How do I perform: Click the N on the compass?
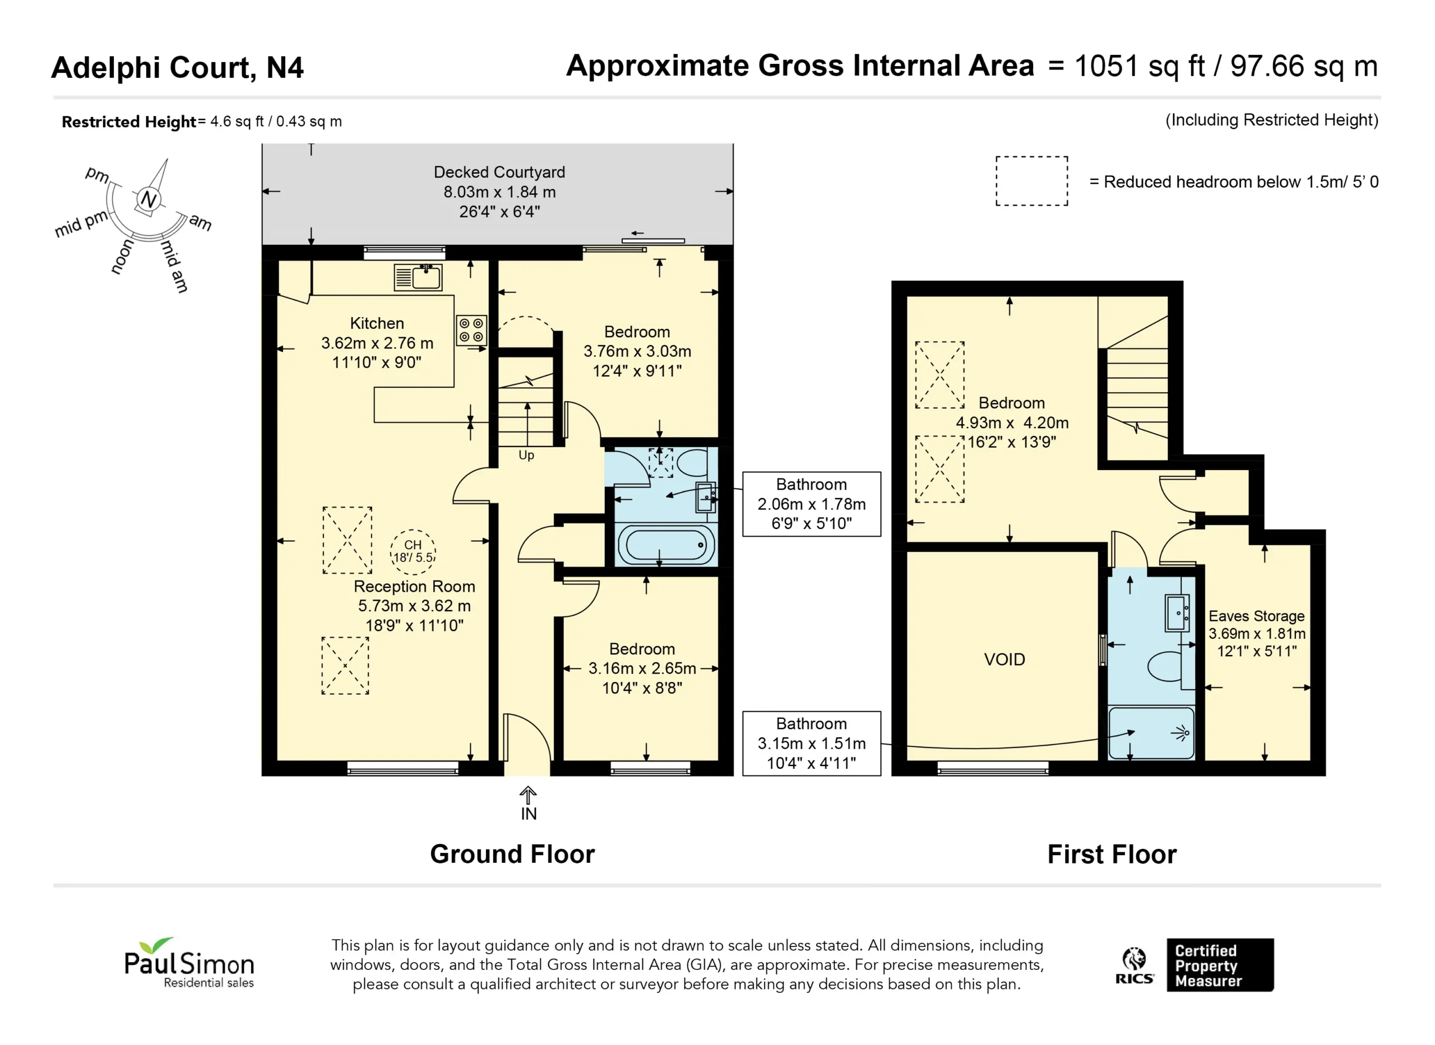point(149,200)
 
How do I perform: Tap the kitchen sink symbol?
point(418,277)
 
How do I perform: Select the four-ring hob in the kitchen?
point(471,330)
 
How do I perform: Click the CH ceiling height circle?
point(413,551)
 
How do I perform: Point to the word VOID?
point(1004,659)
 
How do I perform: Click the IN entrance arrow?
point(529,796)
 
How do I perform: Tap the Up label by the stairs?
point(526,456)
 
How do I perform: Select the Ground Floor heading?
point(512,854)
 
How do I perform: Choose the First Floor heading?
point(1112,854)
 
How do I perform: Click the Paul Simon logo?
point(189,963)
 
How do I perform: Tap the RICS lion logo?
point(1135,965)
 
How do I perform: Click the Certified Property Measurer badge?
point(1220,965)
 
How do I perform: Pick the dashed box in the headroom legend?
point(1032,181)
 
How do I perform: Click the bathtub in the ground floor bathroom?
point(666,545)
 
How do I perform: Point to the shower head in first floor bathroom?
point(1181,733)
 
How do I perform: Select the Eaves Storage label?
point(1257,616)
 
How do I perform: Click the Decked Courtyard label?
point(499,172)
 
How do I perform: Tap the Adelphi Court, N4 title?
point(177,68)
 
